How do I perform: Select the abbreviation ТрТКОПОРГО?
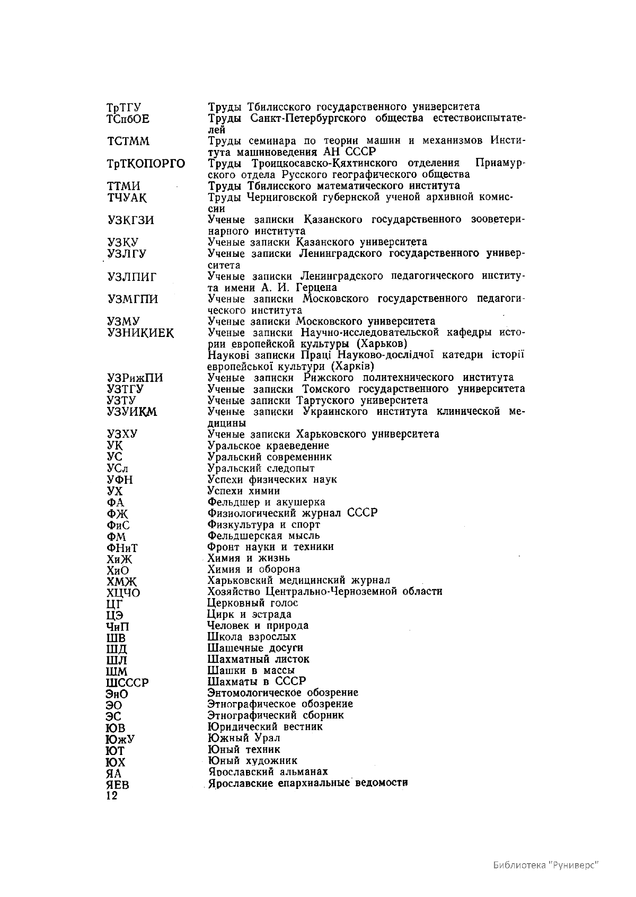tap(146, 164)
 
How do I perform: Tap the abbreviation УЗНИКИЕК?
tap(140, 333)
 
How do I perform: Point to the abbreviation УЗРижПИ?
tap(135, 378)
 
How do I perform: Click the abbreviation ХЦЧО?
tap(123, 592)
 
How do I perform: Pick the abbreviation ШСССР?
tap(127, 682)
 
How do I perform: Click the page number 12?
tap(112, 796)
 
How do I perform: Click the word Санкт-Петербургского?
tap(307, 118)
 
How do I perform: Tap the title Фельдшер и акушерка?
tap(266, 502)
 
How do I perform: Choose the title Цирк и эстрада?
tap(249, 615)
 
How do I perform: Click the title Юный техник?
tap(244, 750)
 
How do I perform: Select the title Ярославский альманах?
tap(268, 772)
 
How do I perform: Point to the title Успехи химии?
tap(244, 491)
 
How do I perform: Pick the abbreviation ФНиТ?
tap(122, 548)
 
